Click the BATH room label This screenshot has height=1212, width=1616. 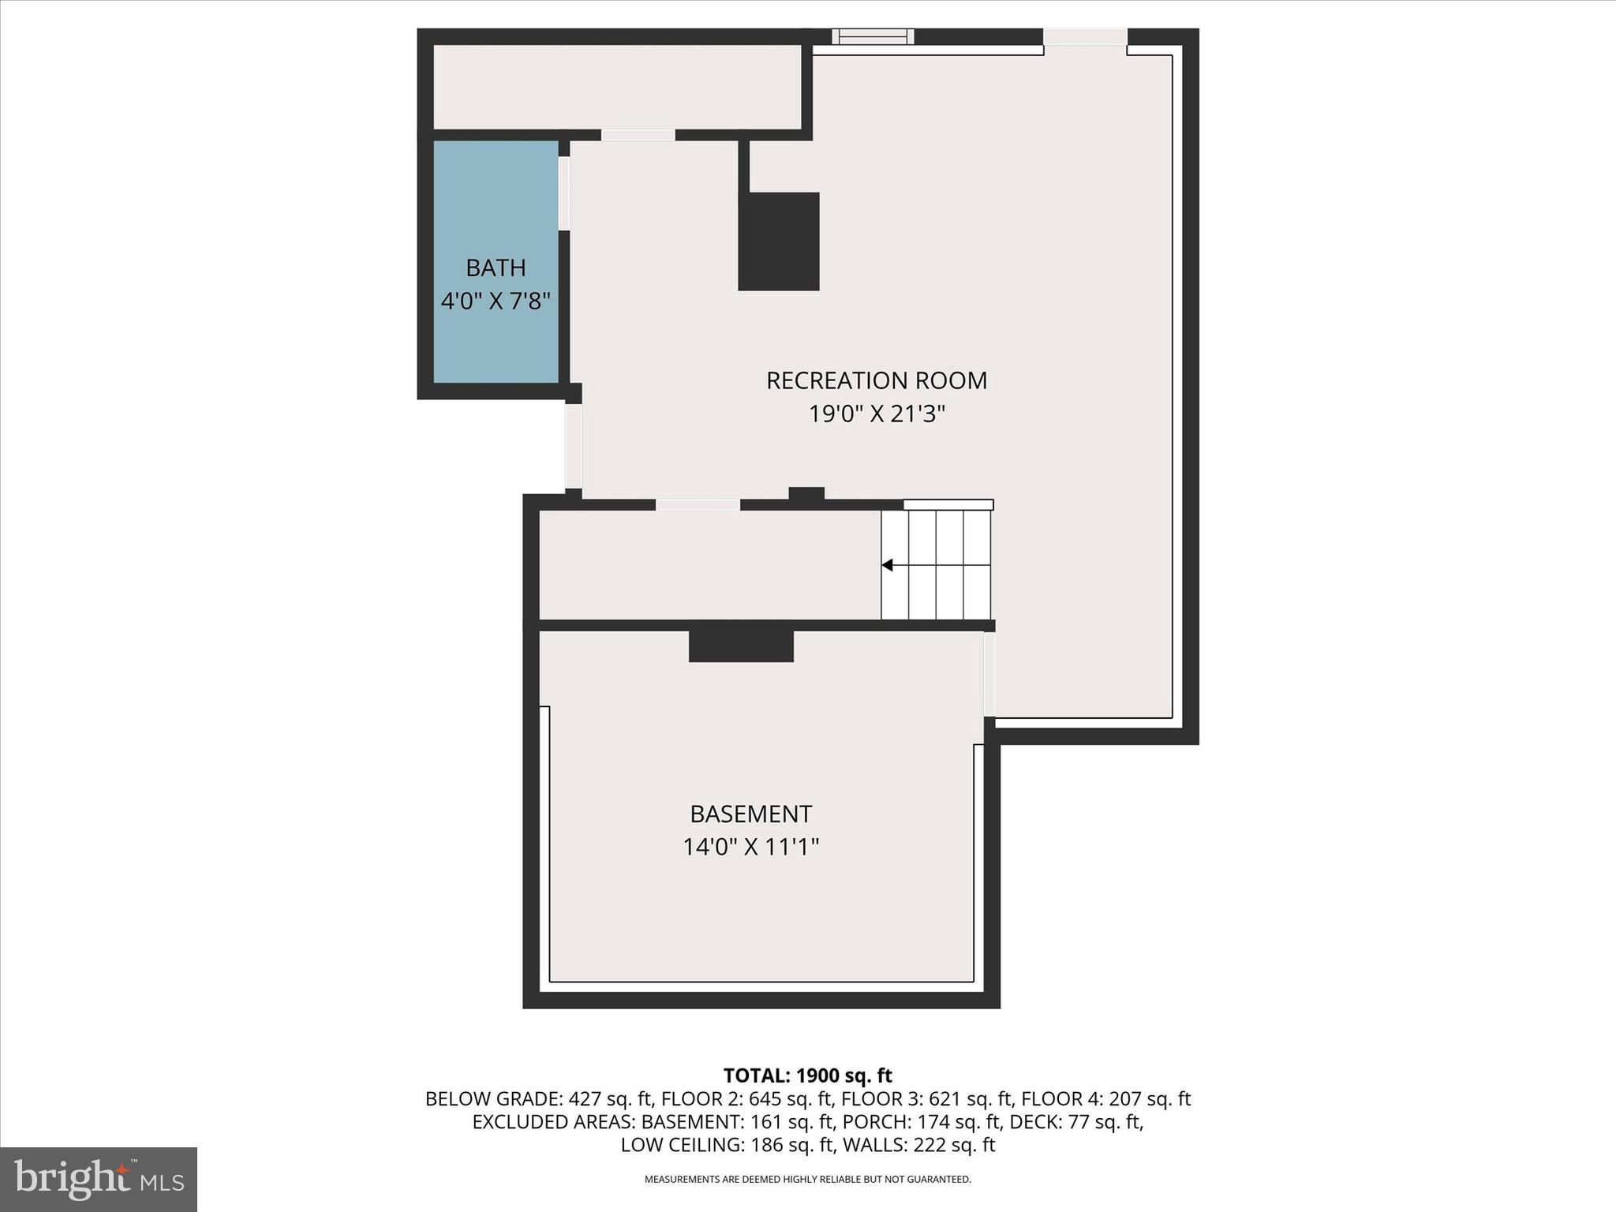pyautogui.click(x=496, y=268)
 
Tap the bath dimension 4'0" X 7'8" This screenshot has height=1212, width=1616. pyautogui.click(x=496, y=301)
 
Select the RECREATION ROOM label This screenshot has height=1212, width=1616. pyautogui.click(x=876, y=381)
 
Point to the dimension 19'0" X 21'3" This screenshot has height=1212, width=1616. pyautogui.click(x=876, y=414)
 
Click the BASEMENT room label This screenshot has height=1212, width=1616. pyautogui.click(x=750, y=814)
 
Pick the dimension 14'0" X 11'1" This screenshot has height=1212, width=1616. pyautogui.click(x=750, y=847)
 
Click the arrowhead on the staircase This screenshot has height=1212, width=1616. pyautogui.click(x=888, y=565)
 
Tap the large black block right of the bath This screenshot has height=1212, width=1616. pyautogui.click(x=779, y=241)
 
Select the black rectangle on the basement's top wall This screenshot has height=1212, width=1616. pyautogui.click(x=741, y=645)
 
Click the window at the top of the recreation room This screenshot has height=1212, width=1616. pyautogui.click(x=873, y=36)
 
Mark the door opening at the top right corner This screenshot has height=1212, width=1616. pyautogui.click(x=1085, y=37)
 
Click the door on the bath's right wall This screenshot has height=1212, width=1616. pyautogui.click(x=563, y=193)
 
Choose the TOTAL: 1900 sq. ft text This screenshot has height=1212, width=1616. pyautogui.click(x=807, y=1075)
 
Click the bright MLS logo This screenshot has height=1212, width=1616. pyautogui.click(x=99, y=1179)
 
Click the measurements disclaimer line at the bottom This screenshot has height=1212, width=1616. pyautogui.click(x=807, y=1180)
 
